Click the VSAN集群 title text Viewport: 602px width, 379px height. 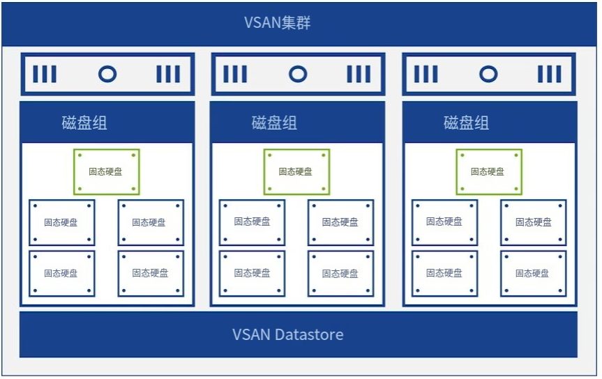pos(277,23)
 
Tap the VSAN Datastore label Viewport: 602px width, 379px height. pos(287,334)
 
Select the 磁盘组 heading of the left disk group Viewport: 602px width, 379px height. pos(84,123)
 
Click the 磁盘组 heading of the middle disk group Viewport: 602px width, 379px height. pos(274,123)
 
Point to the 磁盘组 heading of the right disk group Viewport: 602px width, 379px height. pos(466,123)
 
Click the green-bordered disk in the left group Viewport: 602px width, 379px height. pos(107,171)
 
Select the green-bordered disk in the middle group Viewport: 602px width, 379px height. pos(296,171)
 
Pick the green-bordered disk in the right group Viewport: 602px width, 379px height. pos(489,171)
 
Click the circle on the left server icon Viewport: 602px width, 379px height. pos(107,74)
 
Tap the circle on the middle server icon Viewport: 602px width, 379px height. pos(298,74)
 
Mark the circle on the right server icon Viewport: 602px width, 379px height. pos(488,74)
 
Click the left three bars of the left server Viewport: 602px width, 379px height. pos(45,74)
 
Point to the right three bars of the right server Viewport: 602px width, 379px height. pos(549,74)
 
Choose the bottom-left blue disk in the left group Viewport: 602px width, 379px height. pos(61,273)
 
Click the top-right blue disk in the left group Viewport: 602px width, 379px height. pos(151,222)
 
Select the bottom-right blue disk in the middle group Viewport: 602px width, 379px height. pos(340,273)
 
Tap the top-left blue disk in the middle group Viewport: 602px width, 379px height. pos(252,222)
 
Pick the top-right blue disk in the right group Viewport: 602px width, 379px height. pos(533,222)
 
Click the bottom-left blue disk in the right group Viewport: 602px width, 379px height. pos(444,273)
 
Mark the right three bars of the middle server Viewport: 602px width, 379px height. pos(359,74)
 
